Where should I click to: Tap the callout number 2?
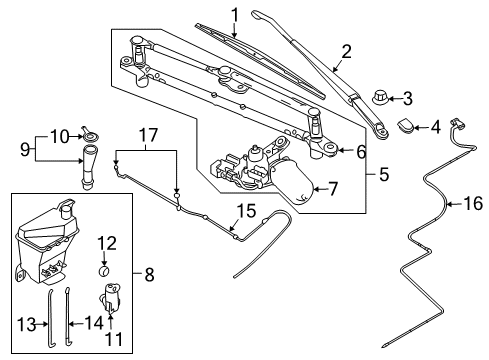pyautogui.click(x=346, y=52)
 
